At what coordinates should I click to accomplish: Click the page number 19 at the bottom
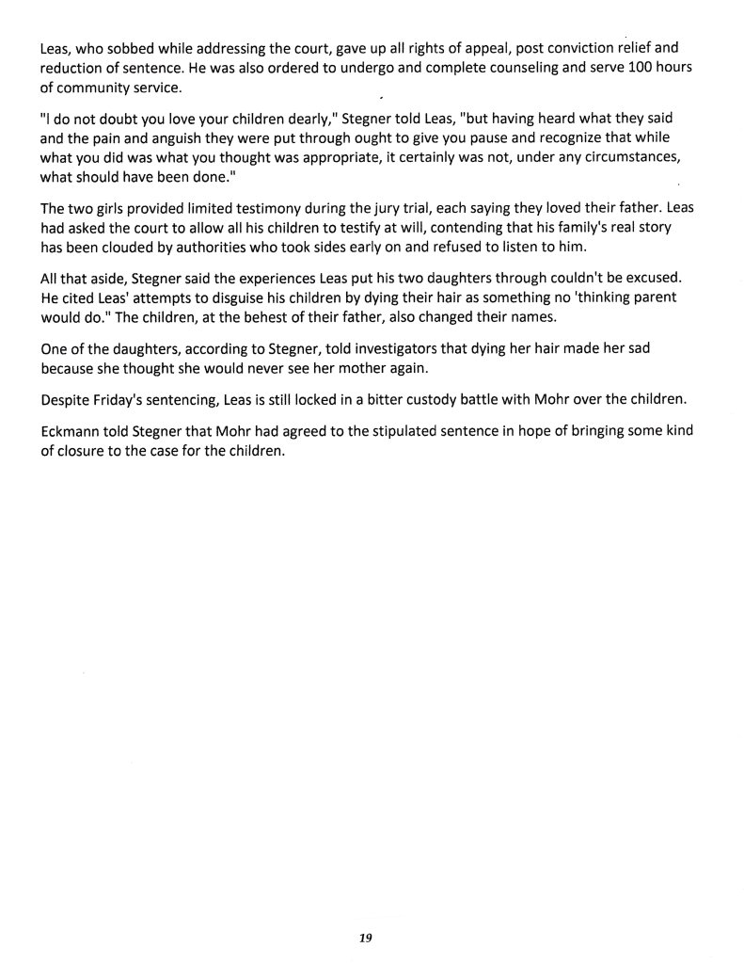click(x=367, y=938)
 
